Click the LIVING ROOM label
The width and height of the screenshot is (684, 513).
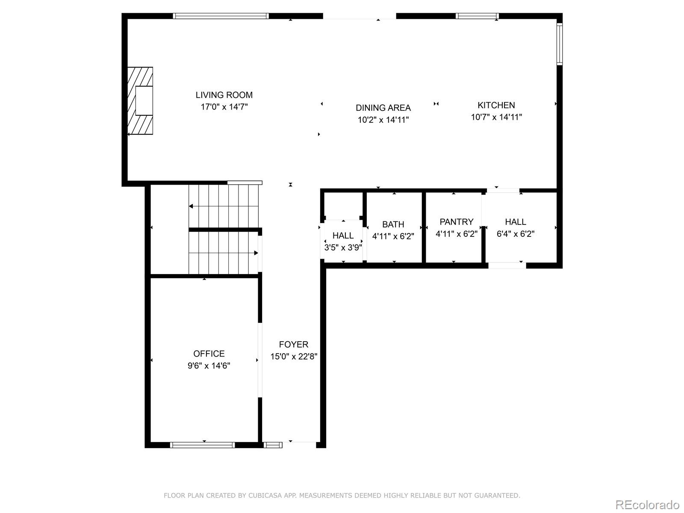[x=224, y=95]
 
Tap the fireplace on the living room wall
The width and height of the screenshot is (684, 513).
[x=140, y=101]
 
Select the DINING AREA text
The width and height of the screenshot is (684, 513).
[x=383, y=108]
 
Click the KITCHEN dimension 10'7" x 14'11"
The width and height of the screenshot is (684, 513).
[x=496, y=117]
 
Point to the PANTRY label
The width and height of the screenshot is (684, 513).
[x=457, y=221]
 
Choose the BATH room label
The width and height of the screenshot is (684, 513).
[x=393, y=224]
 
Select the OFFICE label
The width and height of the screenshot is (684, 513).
[x=209, y=354]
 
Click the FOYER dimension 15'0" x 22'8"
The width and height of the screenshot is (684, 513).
[x=294, y=357]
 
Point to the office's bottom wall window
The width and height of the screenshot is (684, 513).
[x=202, y=445]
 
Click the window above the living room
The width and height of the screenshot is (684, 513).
[x=221, y=16]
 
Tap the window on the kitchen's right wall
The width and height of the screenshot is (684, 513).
[x=559, y=44]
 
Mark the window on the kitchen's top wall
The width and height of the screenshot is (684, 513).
[x=477, y=16]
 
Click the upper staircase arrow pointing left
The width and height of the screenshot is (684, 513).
[x=192, y=206]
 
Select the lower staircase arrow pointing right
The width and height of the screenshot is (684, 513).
[x=256, y=253]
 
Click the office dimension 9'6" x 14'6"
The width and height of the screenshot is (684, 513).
[x=209, y=366]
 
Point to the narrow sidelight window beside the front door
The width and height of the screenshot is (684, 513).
[x=273, y=445]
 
